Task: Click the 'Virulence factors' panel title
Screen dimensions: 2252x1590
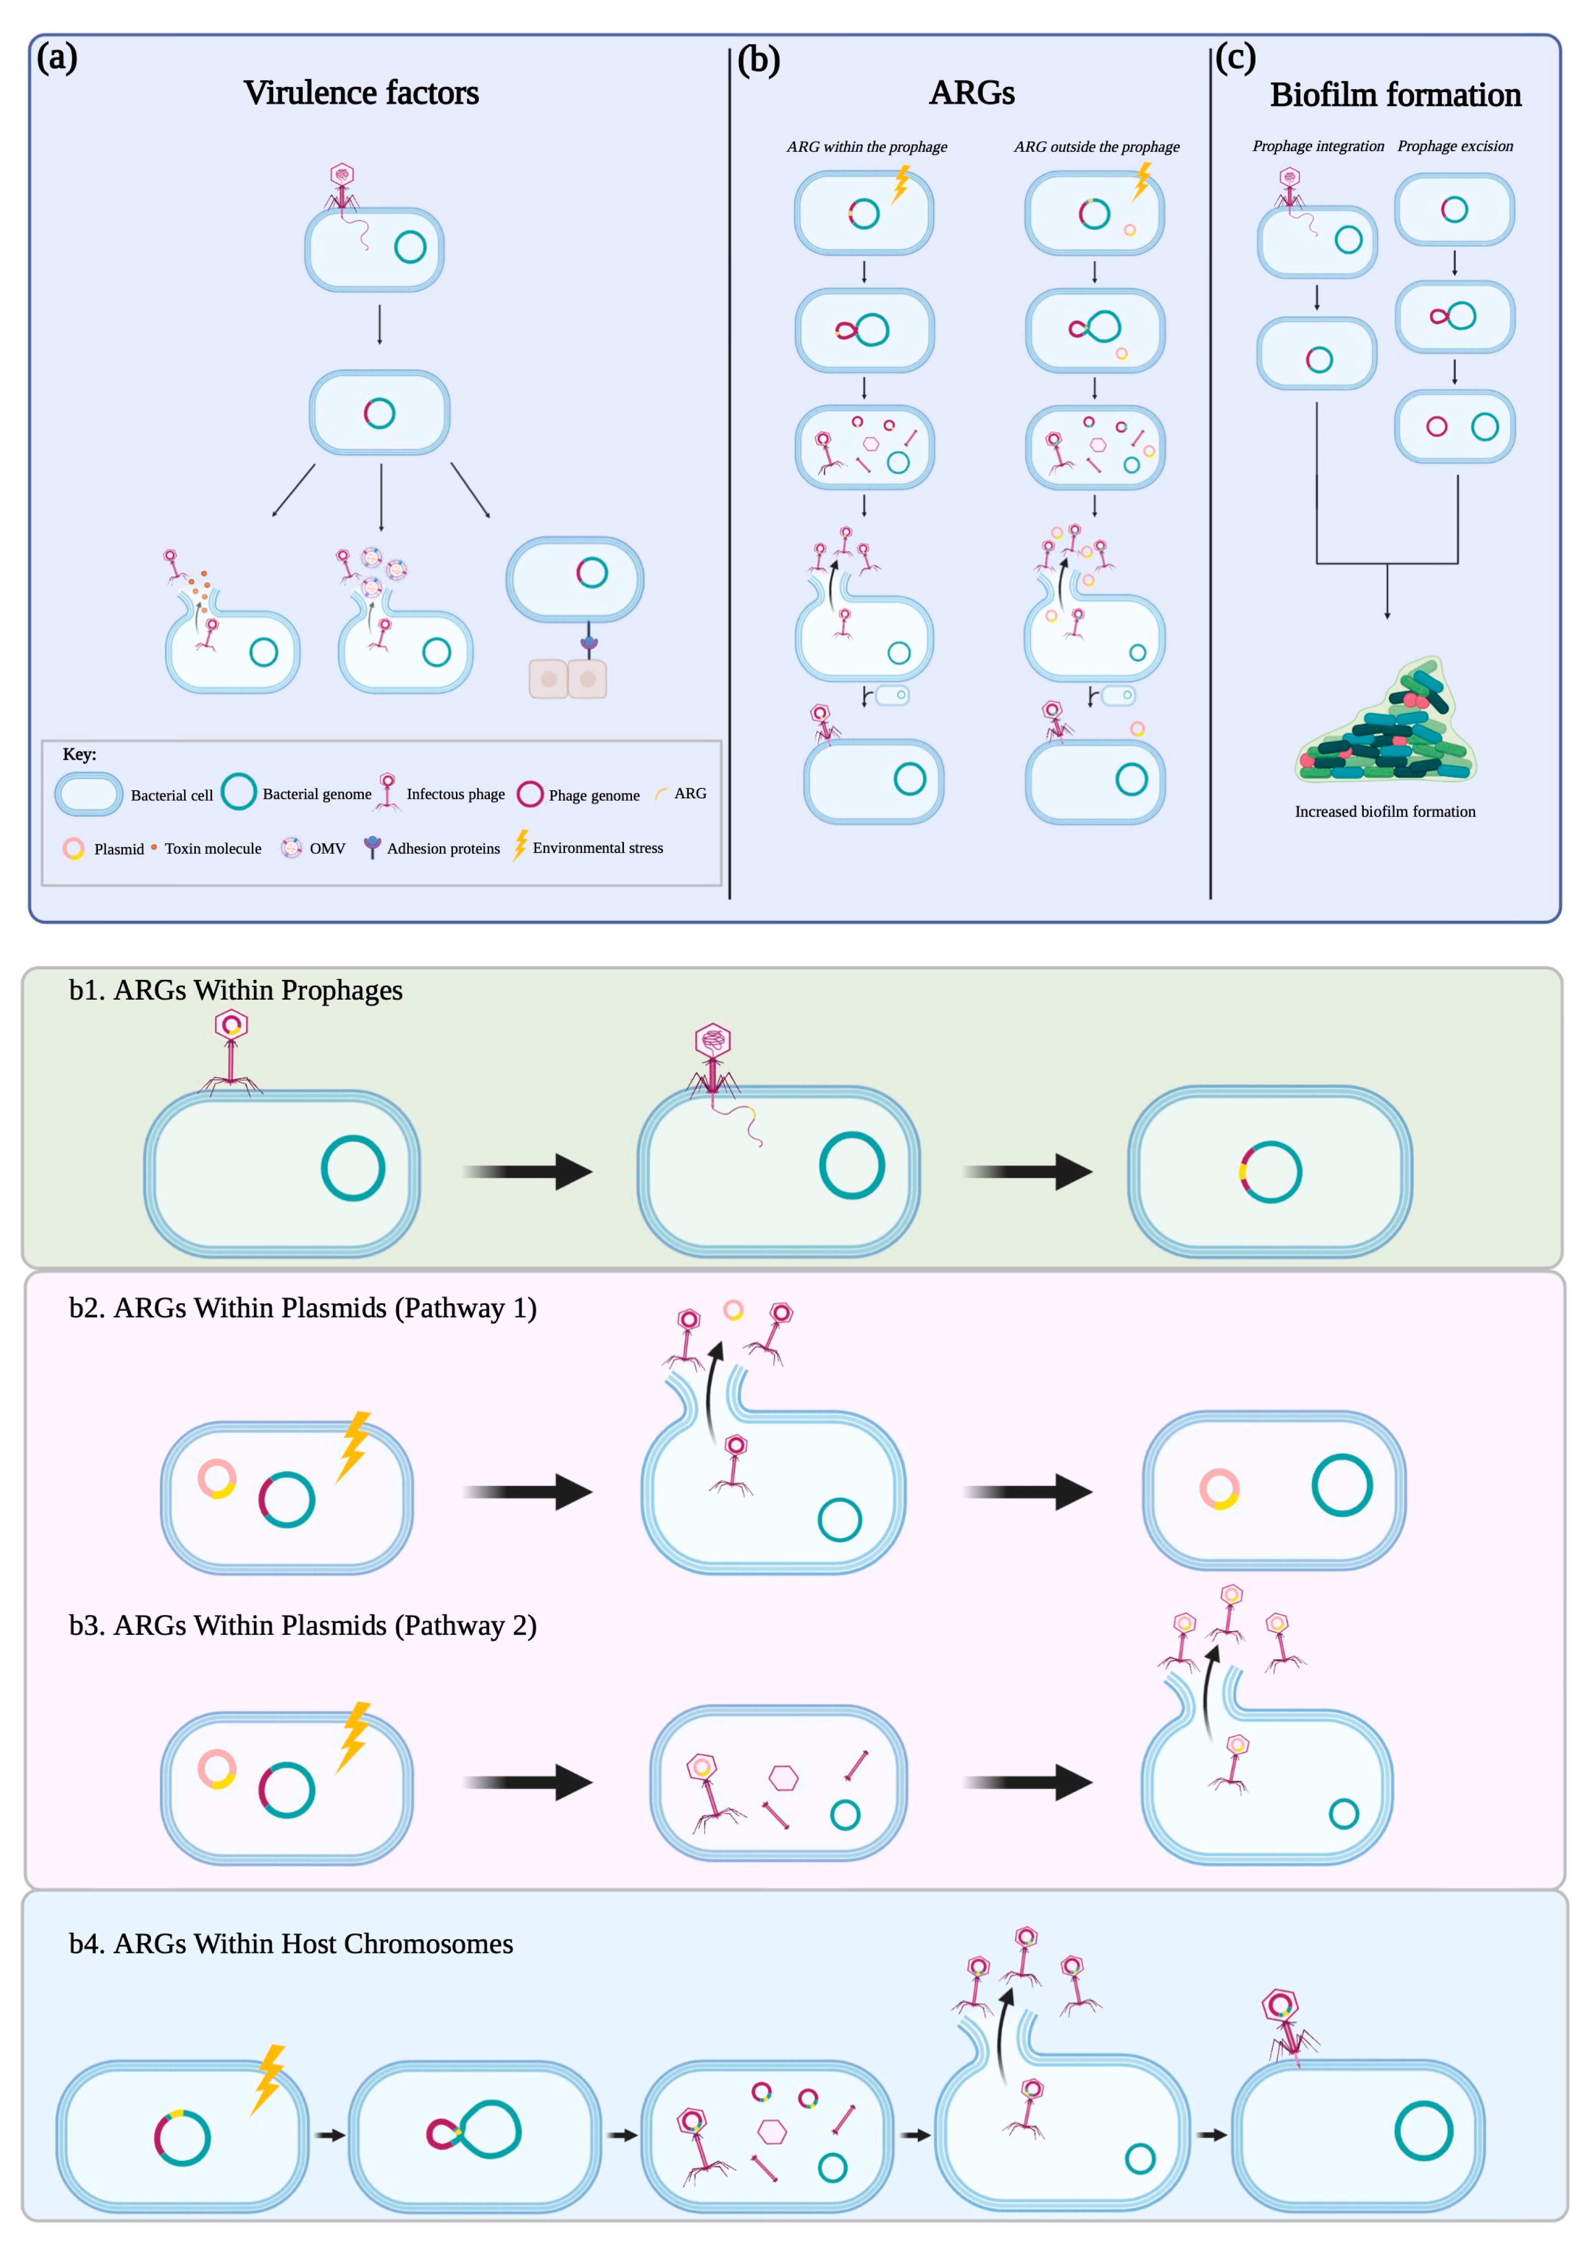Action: [361, 93]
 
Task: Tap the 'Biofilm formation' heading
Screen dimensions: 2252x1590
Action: [1395, 95]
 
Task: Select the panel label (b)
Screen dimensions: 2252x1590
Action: [758, 61]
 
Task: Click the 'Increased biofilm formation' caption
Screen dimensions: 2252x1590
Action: [1384, 811]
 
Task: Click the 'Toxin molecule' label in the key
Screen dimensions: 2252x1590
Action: [213, 848]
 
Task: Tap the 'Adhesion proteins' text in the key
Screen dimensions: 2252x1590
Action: [443, 848]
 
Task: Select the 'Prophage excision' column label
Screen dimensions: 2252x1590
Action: [1455, 146]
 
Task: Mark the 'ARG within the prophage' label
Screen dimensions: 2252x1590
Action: [866, 147]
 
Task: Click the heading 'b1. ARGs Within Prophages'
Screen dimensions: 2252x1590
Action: [235, 991]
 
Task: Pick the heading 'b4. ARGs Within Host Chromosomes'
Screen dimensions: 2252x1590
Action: [290, 1944]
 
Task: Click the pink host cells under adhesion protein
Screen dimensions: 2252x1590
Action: [568, 679]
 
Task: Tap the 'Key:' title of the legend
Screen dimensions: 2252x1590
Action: [79, 754]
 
